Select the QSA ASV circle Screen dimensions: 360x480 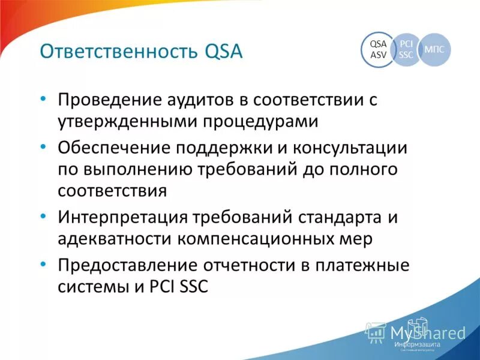pyautogui.click(x=378, y=49)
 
